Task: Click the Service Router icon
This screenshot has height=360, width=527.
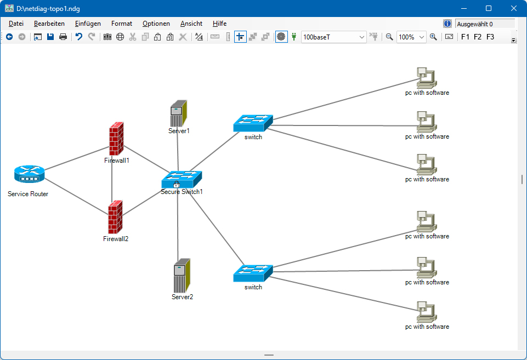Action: [29, 174]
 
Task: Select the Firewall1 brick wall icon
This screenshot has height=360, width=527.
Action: [116, 139]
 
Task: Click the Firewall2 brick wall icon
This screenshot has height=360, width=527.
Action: [115, 217]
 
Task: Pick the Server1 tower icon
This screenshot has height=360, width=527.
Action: [178, 113]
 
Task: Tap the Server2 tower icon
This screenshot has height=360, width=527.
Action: [182, 276]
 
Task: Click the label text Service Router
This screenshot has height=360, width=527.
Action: [28, 194]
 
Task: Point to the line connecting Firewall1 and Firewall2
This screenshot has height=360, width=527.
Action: [112, 180]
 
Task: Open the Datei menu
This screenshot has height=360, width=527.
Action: [16, 24]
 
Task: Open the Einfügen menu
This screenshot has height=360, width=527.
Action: [88, 24]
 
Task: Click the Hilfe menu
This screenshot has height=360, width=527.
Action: [219, 24]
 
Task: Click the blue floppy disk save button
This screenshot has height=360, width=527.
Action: [50, 37]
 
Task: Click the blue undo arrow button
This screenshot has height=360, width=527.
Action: [79, 37]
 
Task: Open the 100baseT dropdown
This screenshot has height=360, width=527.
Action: [333, 37]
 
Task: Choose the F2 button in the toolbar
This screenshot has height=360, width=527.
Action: [478, 37]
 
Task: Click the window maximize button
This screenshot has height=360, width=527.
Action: [489, 8]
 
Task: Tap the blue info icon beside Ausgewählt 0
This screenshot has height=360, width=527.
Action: [447, 24]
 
